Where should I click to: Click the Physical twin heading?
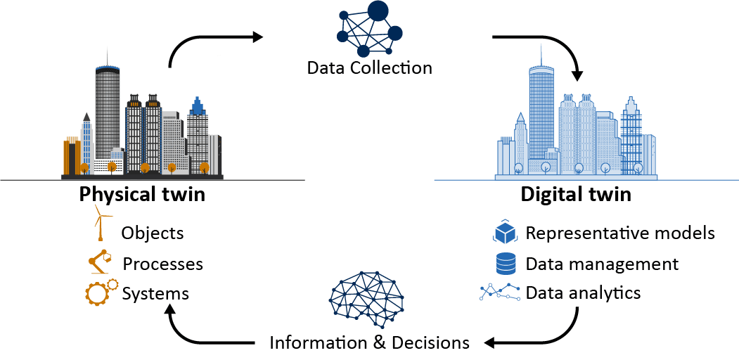(142, 194)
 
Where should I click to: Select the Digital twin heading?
(576, 194)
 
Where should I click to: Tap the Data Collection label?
(369, 68)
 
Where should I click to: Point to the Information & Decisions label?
(369, 343)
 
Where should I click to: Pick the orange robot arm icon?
(100, 262)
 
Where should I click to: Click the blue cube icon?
(506, 233)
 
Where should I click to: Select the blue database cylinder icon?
(506, 264)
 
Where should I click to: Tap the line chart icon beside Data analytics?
(500, 292)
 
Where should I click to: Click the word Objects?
(152, 233)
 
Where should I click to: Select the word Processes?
(162, 264)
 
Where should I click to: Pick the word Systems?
(155, 292)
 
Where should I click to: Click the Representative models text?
(620, 233)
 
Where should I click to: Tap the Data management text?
(602, 264)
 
